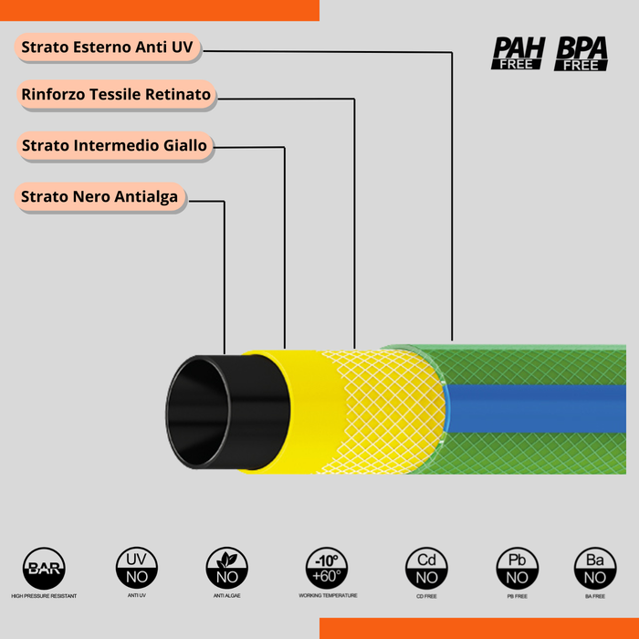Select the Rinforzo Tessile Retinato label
pos(116,95)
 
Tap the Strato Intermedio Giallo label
pos(114,145)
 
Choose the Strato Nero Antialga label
pos(100,196)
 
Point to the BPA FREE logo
pos(581,53)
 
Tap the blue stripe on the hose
pos(539,408)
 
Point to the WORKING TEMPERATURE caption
pos(328,595)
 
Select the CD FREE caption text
pos(426,596)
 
